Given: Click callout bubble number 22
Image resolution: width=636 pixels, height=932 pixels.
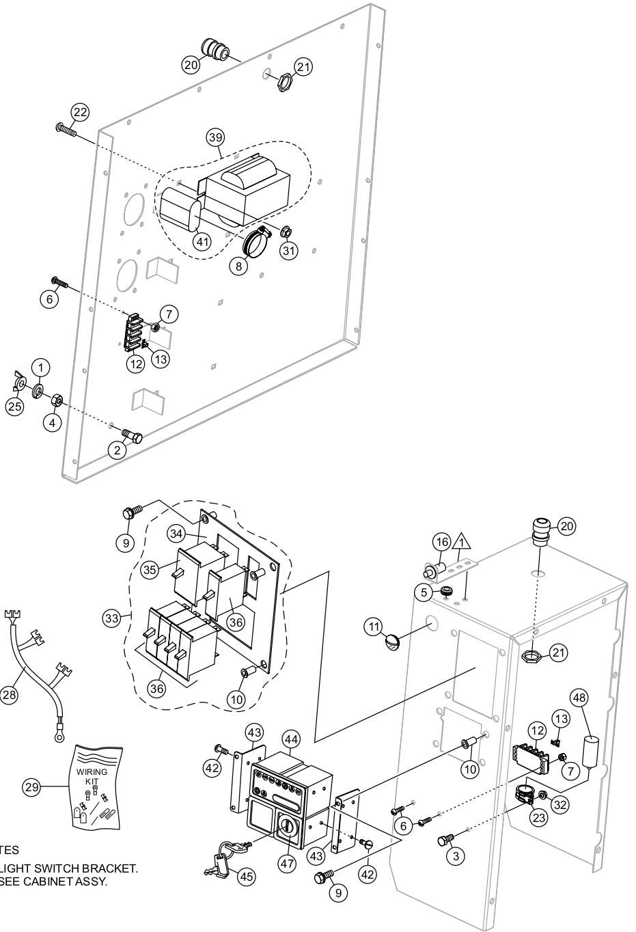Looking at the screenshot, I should (x=81, y=112).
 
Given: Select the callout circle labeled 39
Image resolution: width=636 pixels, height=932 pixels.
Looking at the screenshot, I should (x=216, y=137).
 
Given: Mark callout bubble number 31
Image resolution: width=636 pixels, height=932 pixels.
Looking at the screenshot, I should (x=290, y=251).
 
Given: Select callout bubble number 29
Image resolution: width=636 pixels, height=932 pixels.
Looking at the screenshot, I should (x=32, y=787).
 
